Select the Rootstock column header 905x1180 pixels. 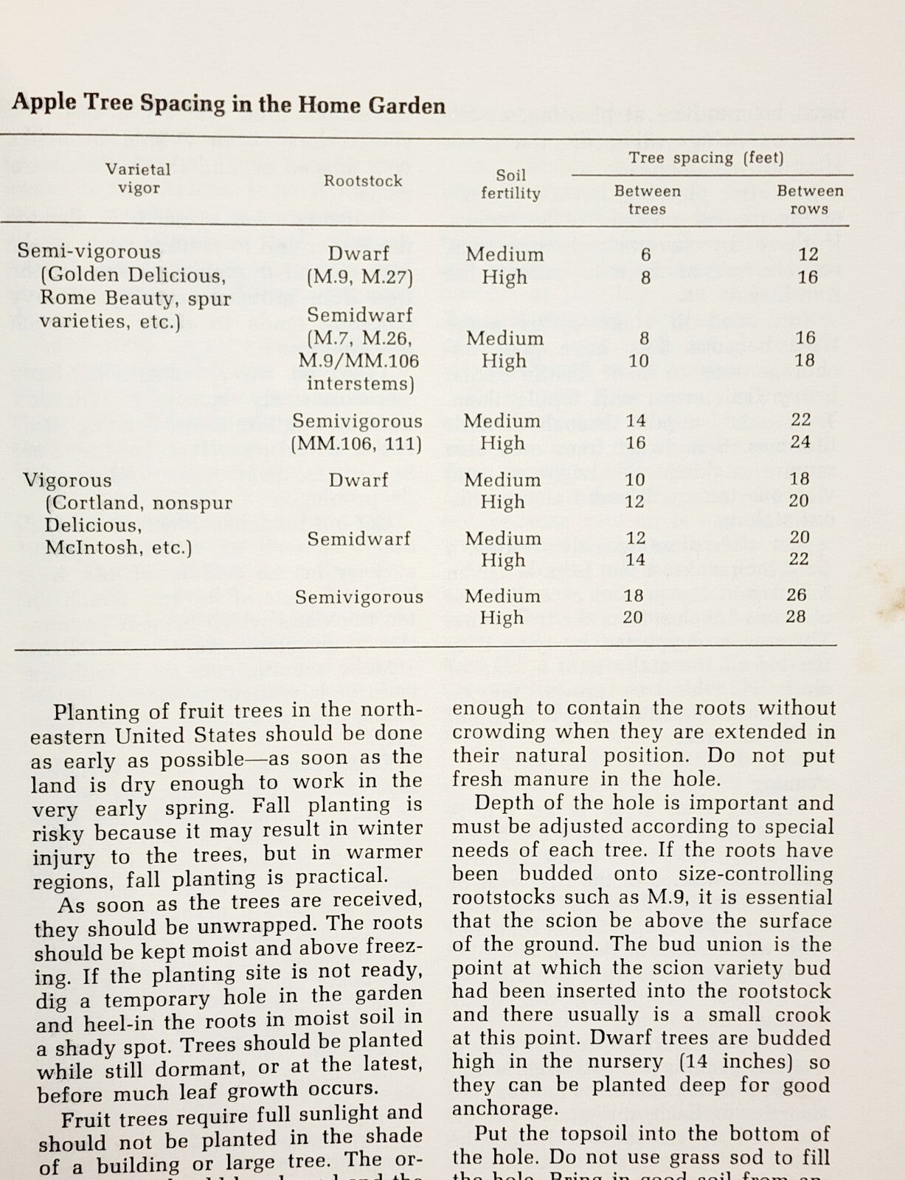tap(363, 181)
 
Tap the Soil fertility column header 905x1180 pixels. tap(510, 184)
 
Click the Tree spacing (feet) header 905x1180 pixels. tap(706, 158)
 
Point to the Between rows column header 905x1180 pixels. tap(809, 200)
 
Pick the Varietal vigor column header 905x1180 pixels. tap(138, 178)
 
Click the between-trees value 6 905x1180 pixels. tap(645, 254)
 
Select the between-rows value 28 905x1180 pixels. tap(796, 617)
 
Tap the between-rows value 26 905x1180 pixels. tap(797, 594)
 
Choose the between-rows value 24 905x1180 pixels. tap(800, 442)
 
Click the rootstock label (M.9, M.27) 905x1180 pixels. tap(359, 277)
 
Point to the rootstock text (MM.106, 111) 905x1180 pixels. tap(356, 444)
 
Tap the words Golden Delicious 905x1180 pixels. tap(133, 276)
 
